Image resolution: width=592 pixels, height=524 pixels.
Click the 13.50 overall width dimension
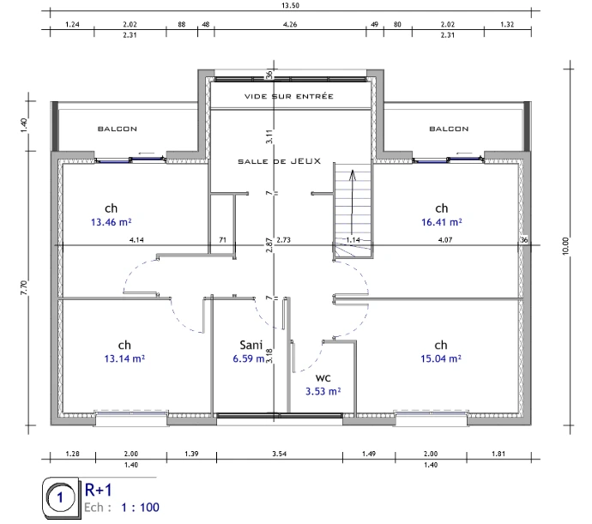[x=290, y=5]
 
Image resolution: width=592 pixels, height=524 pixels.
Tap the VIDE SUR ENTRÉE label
[x=289, y=96]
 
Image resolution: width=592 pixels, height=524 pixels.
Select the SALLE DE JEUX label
[x=280, y=161]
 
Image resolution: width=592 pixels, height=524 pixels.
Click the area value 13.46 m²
[x=111, y=222]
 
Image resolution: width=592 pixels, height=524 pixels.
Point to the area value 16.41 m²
[x=442, y=222]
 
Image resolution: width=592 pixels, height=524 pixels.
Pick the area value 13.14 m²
[x=124, y=358]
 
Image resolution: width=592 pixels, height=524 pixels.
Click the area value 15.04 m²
[x=441, y=358]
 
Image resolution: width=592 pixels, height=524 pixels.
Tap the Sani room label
[x=251, y=345]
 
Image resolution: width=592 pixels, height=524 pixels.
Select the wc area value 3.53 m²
[x=323, y=391]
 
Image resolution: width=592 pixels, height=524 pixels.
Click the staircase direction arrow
[x=353, y=202]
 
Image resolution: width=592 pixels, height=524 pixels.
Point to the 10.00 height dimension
[x=565, y=246]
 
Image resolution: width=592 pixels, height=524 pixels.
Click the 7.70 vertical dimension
[x=24, y=287]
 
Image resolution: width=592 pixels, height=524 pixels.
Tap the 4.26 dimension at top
[x=290, y=24]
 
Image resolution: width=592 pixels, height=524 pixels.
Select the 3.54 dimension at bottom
[x=280, y=454]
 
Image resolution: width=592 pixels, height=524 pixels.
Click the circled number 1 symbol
[x=60, y=497]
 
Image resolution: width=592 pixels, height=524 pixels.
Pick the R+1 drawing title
[x=99, y=490]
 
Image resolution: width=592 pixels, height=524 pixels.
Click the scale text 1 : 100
[x=140, y=507]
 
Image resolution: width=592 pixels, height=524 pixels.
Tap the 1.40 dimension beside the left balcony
[x=24, y=125]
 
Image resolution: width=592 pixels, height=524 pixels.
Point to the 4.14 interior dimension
[x=136, y=240]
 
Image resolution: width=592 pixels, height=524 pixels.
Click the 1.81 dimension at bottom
[x=498, y=454]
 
